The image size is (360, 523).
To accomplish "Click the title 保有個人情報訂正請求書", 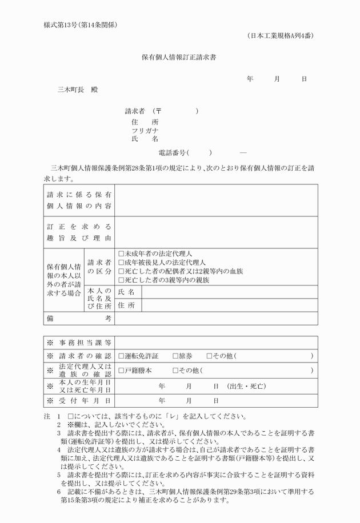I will pyautogui.click(x=179, y=57).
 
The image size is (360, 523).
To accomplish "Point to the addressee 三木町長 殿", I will pyautogui.click(x=77, y=90).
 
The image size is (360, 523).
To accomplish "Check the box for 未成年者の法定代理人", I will pyautogui.click(x=121, y=253).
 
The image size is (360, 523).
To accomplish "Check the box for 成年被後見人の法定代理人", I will pyautogui.click(x=121, y=262).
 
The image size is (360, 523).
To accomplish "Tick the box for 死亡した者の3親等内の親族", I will pyautogui.click(x=121, y=280).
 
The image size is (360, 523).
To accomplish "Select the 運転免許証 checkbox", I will pyautogui.click(x=121, y=356).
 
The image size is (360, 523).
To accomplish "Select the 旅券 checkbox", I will pyautogui.click(x=175, y=356).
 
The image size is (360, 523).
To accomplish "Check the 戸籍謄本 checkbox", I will pyautogui.click(x=121, y=370).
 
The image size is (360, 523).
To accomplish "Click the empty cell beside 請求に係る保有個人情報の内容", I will pyautogui.click(x=216, y=200).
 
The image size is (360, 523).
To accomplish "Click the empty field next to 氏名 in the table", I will pyautogui.click(x=229, y=292).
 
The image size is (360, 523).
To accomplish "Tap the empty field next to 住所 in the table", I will pyautogui.click(x=229, y=305).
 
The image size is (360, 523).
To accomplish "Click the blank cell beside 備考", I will pyautogui.click(x=216, y=319).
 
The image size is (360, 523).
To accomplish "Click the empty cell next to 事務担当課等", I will pyautogui.click(x=216, y=342).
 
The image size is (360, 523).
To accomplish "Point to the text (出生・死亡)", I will pyautogui.click(x=246, y=386).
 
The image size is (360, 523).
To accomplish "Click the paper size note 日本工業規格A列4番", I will pyautogui.click(x=281, y=36).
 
